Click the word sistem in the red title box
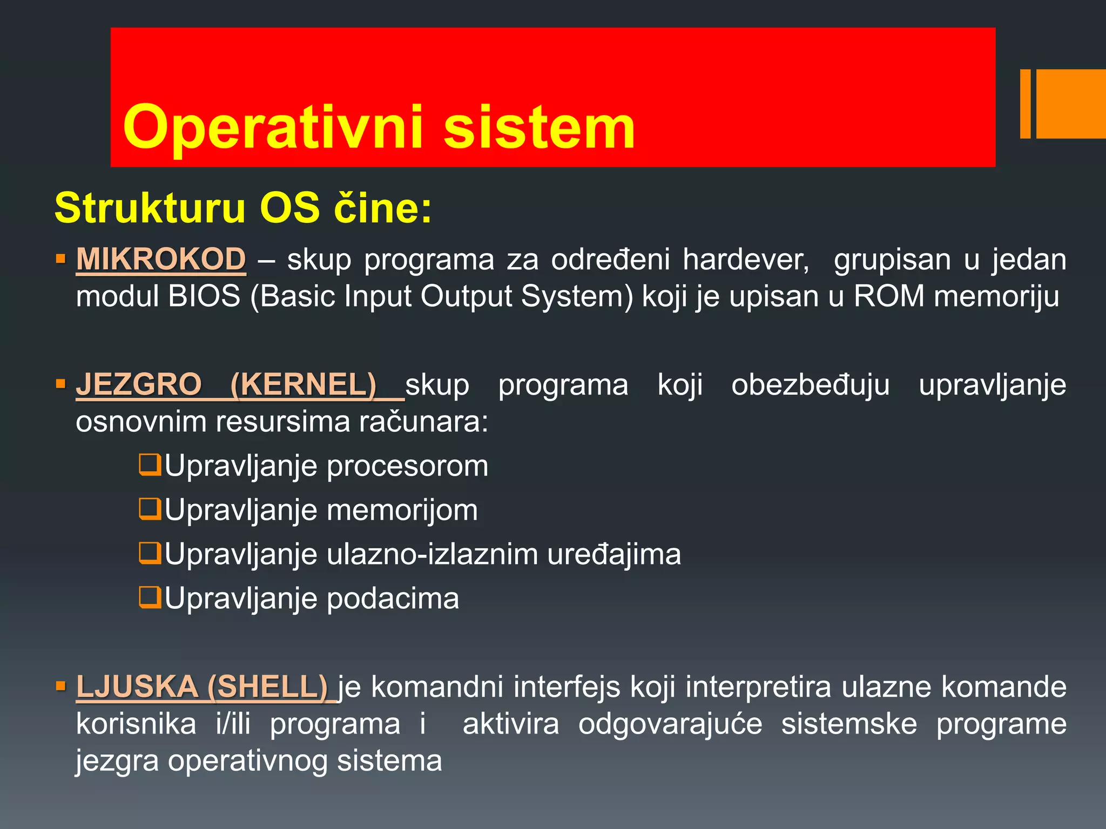(539, 128)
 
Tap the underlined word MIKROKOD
(161, 260)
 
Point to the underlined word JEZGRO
(139, 385)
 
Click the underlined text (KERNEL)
(303, 385)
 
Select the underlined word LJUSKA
(137, 687)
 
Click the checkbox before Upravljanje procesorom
(150, 465)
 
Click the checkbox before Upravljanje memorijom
(150, 509)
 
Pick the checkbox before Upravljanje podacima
(150, 597)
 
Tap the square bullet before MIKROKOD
(60, 260)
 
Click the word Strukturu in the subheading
(150, 208)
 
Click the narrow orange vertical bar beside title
(1025, 104)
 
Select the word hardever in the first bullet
(745, 260)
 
